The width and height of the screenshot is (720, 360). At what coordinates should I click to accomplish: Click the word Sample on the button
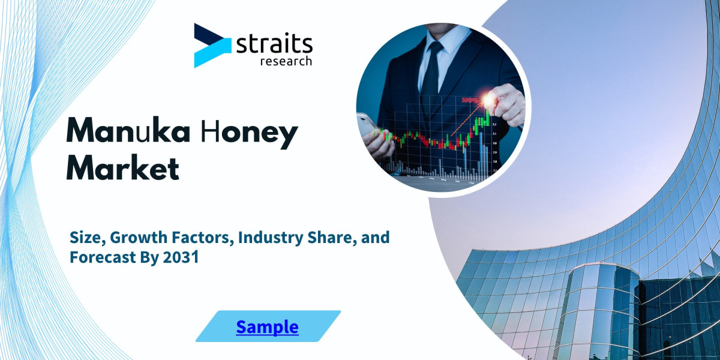point(267,327)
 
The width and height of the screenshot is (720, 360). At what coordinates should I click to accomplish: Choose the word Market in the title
point(122,168)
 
